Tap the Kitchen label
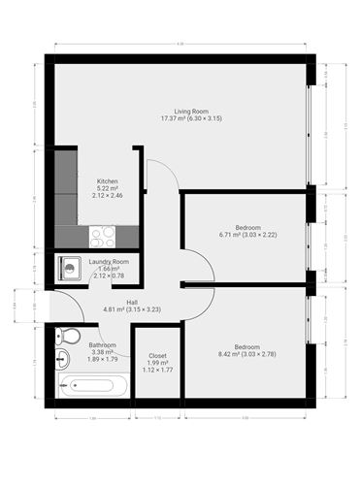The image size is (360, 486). pos(108,181)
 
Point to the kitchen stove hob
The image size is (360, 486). pos(102,235)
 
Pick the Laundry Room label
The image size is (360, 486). pos(109,262)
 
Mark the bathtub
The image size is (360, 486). pos(88,385)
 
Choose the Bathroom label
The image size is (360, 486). pos(103,345)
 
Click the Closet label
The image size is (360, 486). pos(156,355)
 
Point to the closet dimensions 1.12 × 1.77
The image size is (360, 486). pos(156,371)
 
